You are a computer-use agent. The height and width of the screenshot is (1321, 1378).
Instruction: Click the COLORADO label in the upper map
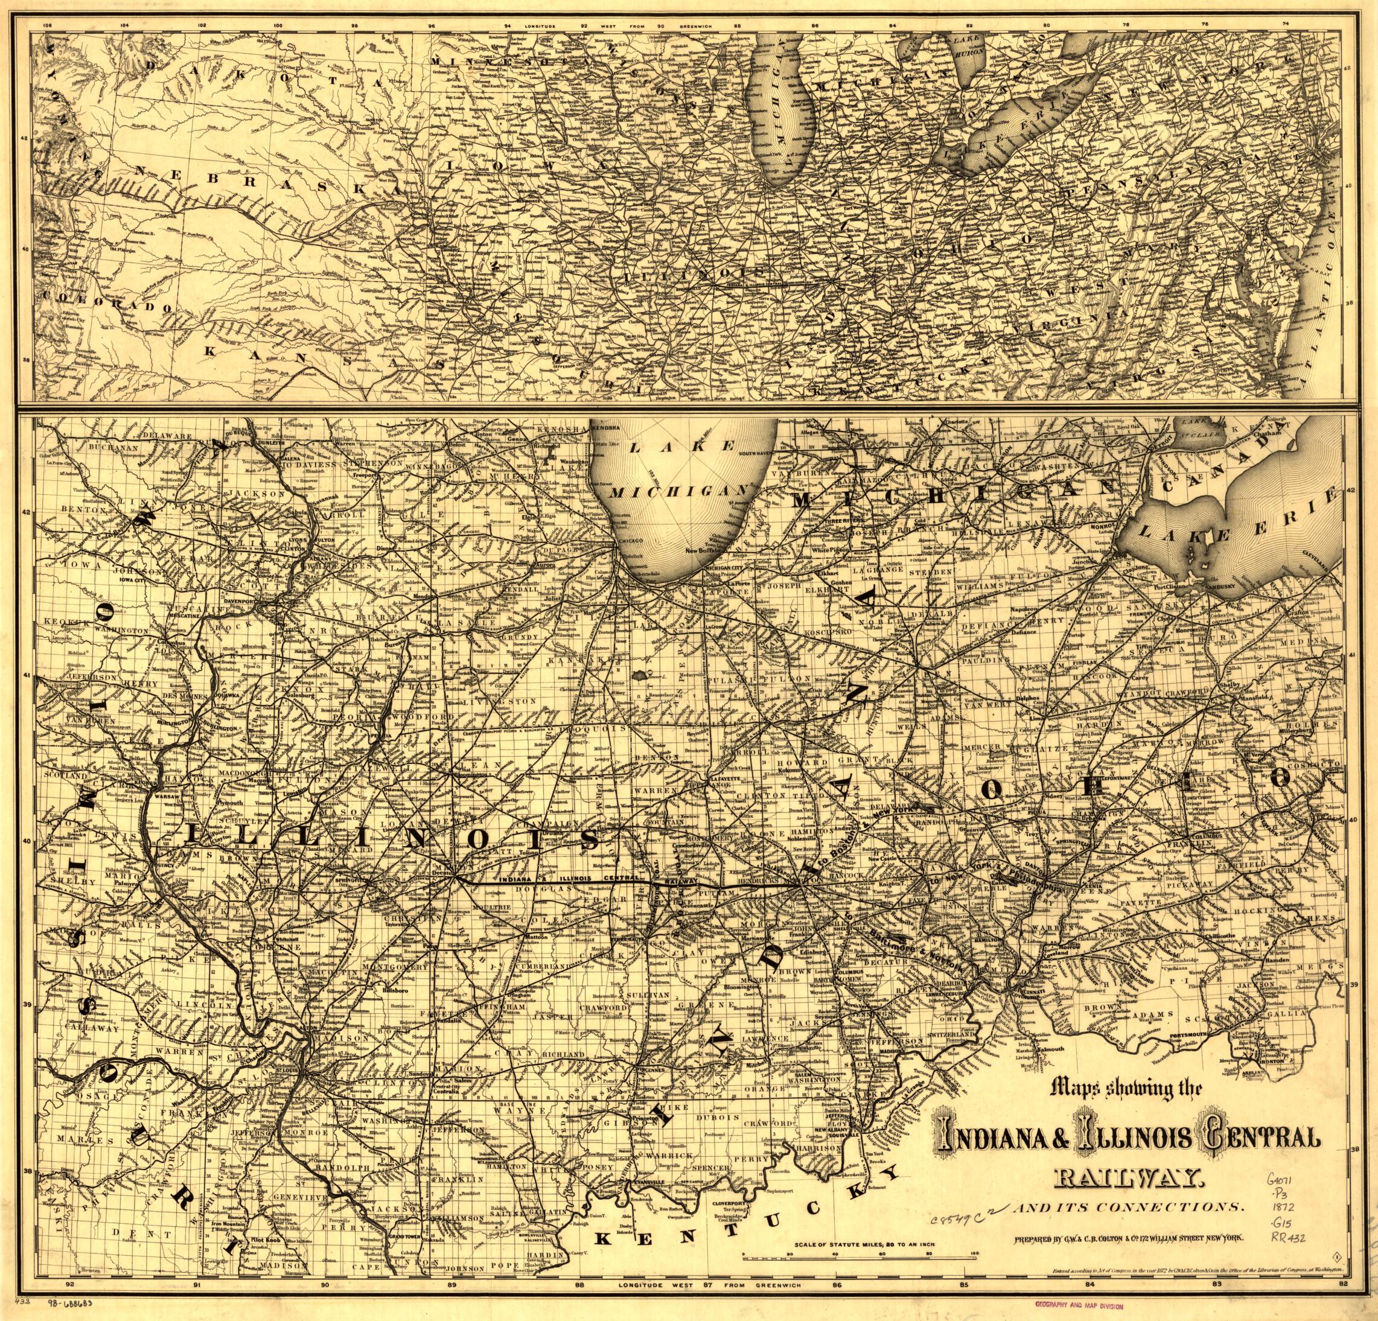pyautogui.click(x=106, y=302)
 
